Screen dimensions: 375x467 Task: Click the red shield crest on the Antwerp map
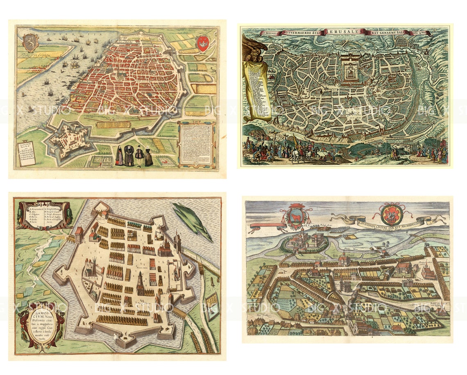click(x=203, y=43)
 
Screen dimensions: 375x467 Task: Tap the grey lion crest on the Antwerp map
click(x=31, y=42)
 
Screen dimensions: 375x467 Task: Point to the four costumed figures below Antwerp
click(x=134, y=155)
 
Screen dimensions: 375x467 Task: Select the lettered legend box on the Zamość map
click(x=45, y=214)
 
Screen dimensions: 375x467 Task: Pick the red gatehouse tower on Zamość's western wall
click(x=79, y=235)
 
